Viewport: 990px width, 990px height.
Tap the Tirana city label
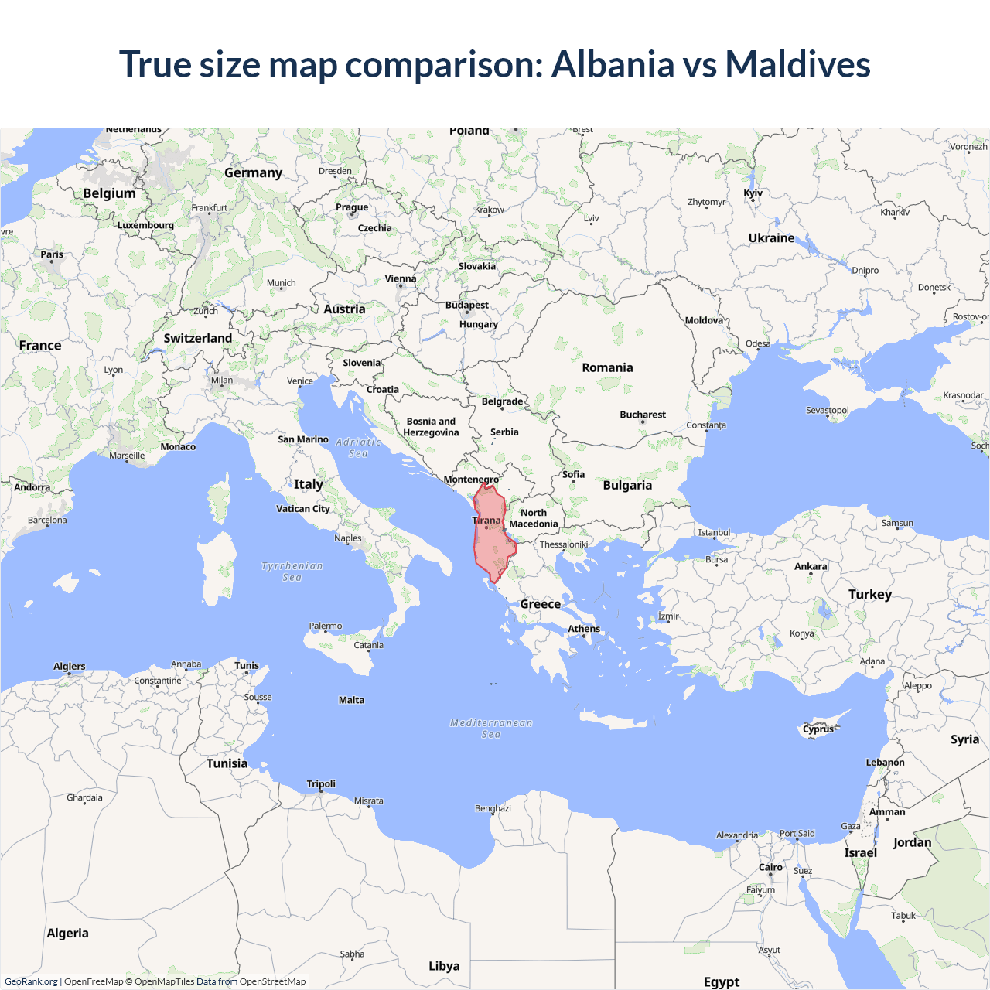[x=486, y=521]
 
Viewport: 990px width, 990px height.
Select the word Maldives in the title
[x=797, y=64]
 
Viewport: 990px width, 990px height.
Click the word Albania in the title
[x=613, y=64]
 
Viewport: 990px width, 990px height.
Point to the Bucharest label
[x=643, y=415]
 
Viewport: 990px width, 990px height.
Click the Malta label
[x=351, y=700]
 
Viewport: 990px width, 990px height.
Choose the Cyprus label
[x=818, y=729]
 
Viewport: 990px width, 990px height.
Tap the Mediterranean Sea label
[x=491, y=729]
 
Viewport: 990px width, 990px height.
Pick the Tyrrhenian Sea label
[x=292, y=572]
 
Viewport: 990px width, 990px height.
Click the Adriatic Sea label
[x=359, y=448]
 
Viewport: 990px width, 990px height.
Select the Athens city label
[x=584, y=629]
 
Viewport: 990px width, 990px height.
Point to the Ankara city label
[x=811, y=567]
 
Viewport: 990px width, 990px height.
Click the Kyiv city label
[x=753, y=193]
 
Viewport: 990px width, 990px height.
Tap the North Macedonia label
[x=534, y=518]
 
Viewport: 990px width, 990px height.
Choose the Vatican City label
[x=303, y=509]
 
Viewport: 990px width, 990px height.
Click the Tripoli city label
[x=321, y=784]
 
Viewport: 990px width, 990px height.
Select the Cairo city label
[x=770, y=868]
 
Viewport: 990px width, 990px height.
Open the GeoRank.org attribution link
[x=31, y=981]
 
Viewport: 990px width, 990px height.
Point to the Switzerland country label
[x=198, y=338]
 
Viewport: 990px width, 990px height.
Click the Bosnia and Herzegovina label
[x=431, y=427]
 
